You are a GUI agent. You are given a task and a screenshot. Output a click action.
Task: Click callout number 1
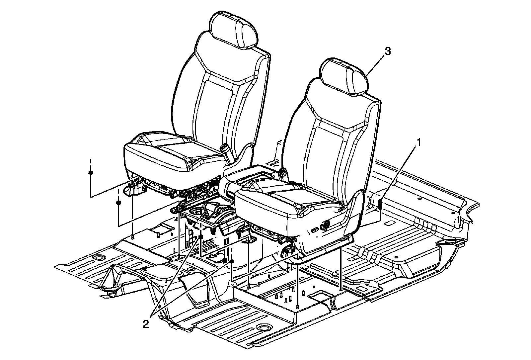419,143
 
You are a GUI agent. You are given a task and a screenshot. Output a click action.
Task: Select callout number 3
388,51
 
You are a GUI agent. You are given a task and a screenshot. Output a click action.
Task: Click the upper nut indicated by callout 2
201,237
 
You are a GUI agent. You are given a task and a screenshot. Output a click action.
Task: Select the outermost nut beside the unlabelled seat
90,173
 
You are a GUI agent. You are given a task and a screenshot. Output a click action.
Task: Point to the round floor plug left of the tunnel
98,258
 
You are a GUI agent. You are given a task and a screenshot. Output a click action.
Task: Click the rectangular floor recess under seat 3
320,296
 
